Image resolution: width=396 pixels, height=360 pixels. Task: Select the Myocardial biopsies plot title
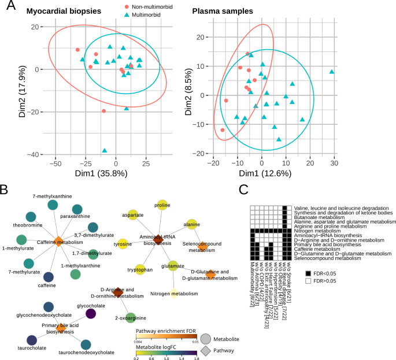[65, 11]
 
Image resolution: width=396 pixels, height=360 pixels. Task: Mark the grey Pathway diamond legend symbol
[206, 350]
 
